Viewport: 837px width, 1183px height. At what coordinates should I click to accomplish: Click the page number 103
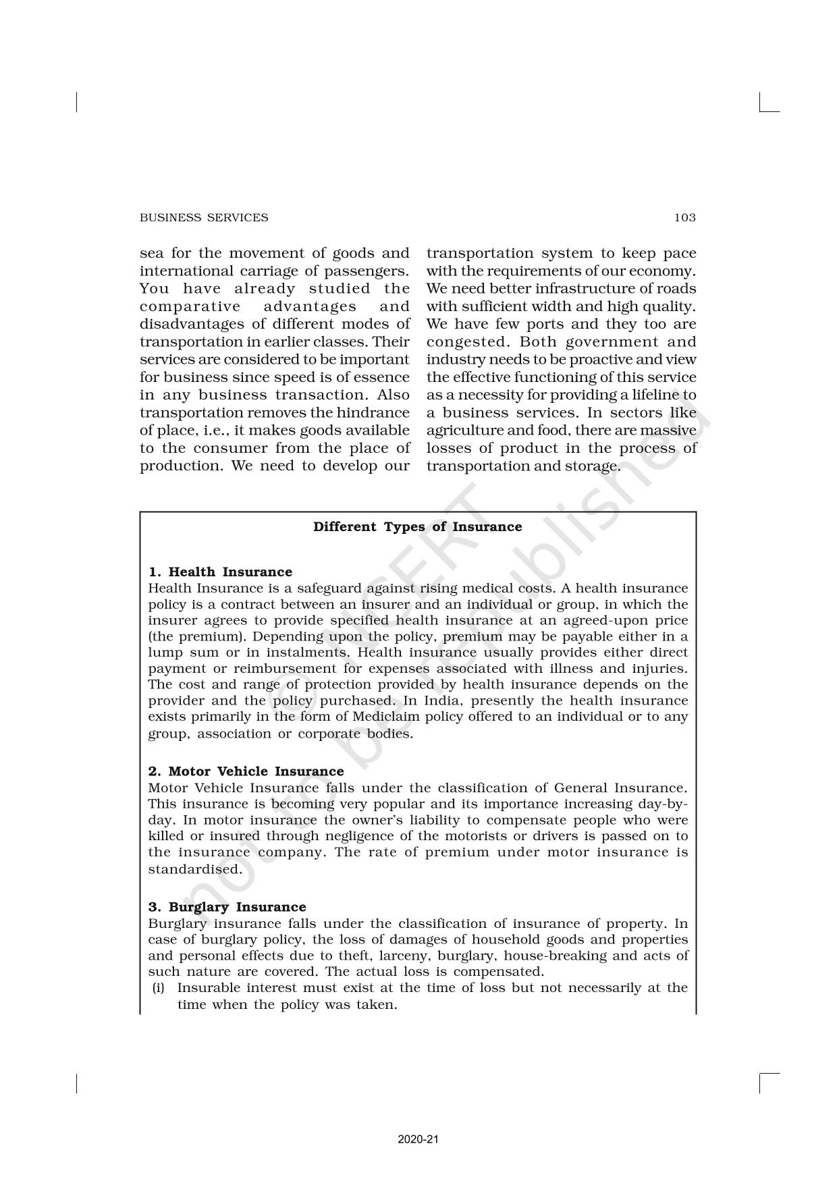point(684,217)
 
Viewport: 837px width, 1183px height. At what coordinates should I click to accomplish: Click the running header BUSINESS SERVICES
point(204,217)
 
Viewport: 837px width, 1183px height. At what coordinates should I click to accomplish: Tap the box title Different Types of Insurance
point(417,527)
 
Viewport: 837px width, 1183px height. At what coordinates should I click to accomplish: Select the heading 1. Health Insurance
point(221,572)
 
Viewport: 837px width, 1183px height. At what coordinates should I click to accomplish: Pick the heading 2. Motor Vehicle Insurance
point(246,771)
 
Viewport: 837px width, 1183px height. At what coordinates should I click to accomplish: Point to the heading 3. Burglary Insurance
point(227,907)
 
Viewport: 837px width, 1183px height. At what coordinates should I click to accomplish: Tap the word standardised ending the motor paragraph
point(194,869)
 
